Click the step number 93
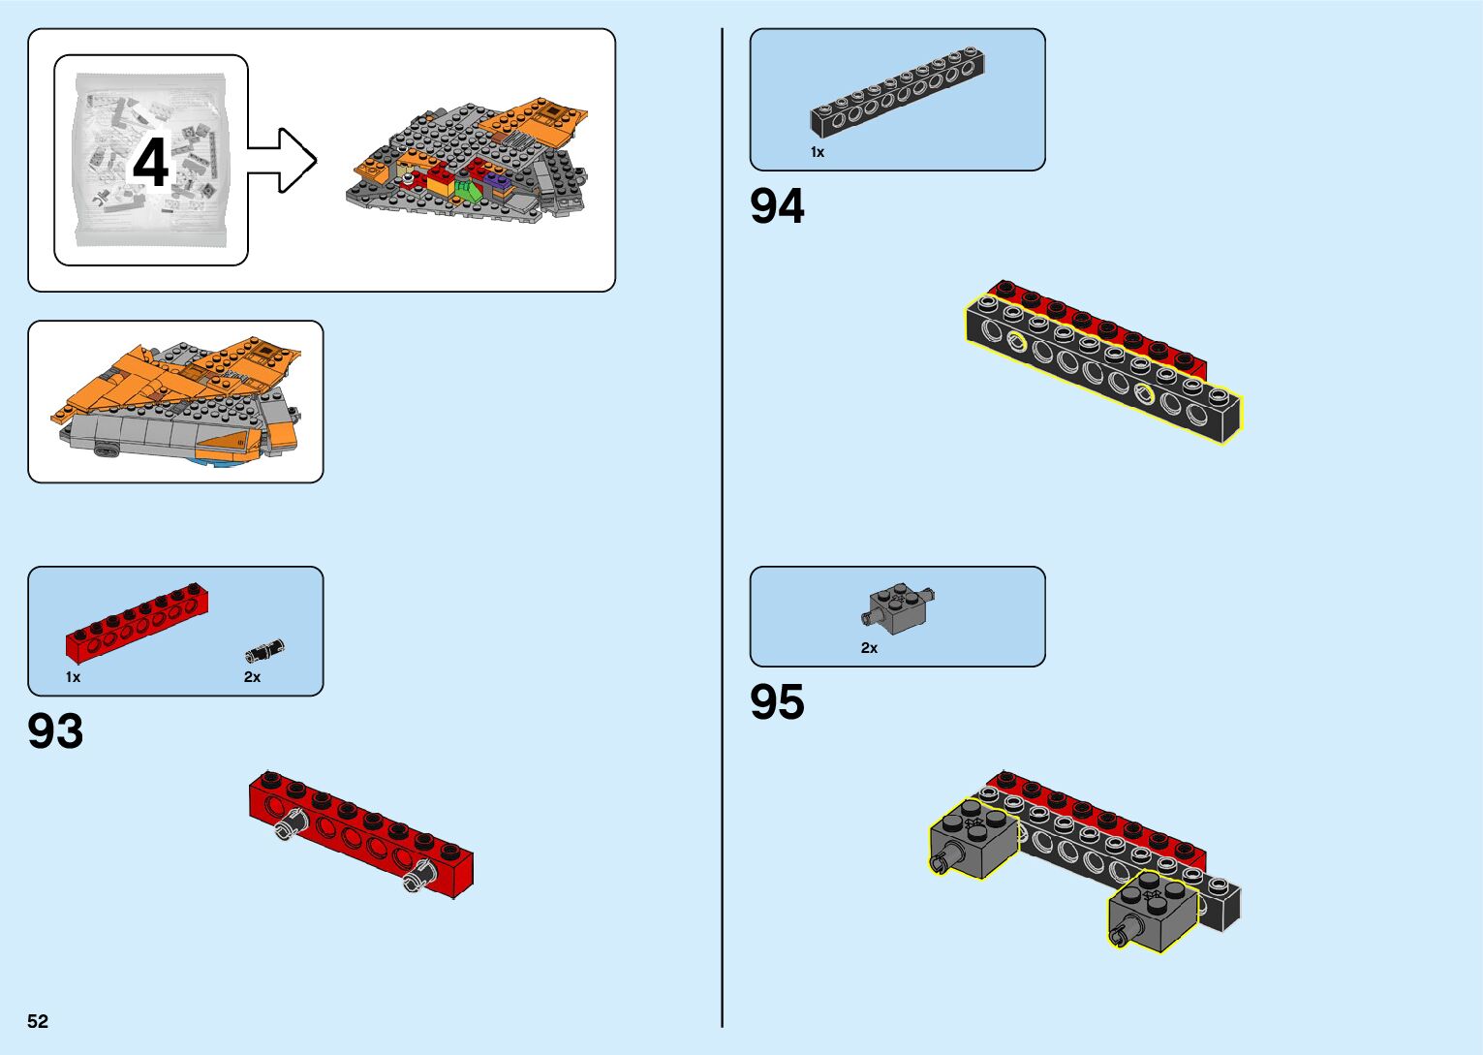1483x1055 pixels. (x=55, y=731)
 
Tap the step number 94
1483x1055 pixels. (x=777, y=206)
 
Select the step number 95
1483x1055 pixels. (x=777, y=702)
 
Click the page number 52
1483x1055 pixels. (x=38, y=1021)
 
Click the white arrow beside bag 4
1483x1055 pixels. (x=284, y=161)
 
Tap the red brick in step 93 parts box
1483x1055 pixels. (x=137, y=623)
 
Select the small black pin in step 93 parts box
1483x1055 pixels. (x=264, y=650)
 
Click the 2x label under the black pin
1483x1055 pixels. (x=252, y=677)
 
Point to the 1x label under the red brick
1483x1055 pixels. (x=73, y=677)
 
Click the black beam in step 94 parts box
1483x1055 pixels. (x=898, y=95)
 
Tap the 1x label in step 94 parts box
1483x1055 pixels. (x=818, y=152)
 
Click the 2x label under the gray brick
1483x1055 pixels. (x=869, y=648)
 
